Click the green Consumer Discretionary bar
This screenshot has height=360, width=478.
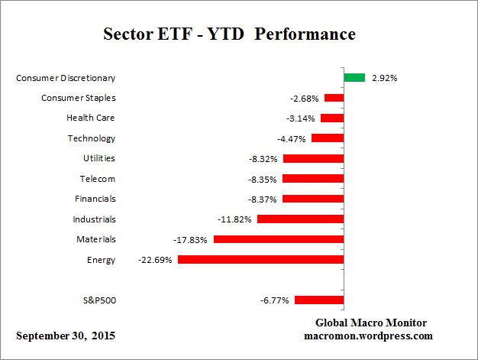click(x=354, y=77)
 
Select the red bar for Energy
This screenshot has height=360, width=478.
click(x=260, y=260)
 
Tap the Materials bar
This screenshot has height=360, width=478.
click(x=278, y=239)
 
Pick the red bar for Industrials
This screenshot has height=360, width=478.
click(x=300, y=219)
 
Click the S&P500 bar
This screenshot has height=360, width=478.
click(x=318, y=300)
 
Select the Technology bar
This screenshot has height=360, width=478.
click(x=327, y=138)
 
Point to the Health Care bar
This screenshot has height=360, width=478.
click(x=331, y=118)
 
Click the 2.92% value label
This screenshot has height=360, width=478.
click(x=384, y=78)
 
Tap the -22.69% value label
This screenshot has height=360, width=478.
click(x=156, y=260)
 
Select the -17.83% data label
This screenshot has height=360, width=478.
click(x=192, y=239)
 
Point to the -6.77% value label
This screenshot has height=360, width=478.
click(x=274, y=300)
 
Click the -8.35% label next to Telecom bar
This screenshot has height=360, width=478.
click(x=261, y=179)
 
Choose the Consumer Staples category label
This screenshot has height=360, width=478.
click(x=78, y=98)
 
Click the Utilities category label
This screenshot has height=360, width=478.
click(x=99, y=158)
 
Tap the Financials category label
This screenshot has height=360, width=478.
click(x=95, y=199)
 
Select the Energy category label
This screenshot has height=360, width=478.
click(x=102, y=260)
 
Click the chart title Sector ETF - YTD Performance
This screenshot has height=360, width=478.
click(x=229, y=35)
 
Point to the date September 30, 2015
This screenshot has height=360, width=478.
click(x=66, y=336)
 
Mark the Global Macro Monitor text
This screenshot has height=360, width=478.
click(x=370, y=323)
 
